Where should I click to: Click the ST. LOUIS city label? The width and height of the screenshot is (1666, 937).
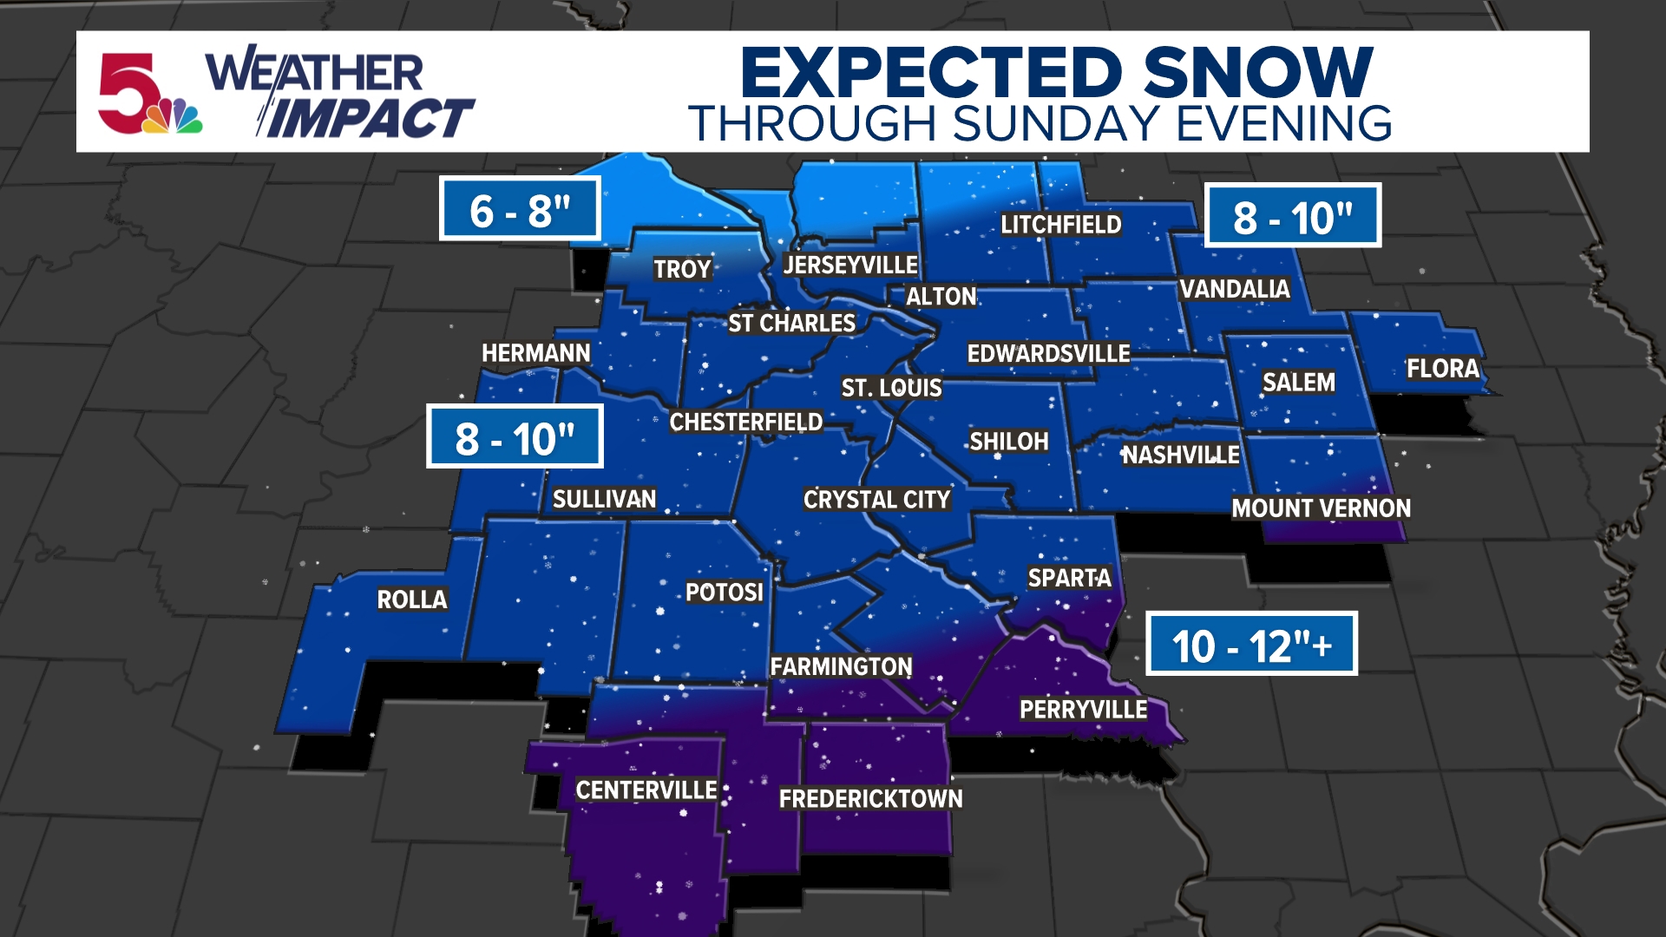tap(891, 388)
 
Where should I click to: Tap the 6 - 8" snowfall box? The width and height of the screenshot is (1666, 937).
tap(520, 209)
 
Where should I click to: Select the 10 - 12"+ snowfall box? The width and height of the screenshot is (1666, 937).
tap(1251, 645)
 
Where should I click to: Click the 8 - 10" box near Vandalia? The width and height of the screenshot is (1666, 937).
tap(1293, 216)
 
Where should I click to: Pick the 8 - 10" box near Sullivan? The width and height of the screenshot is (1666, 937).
tap(515, 437)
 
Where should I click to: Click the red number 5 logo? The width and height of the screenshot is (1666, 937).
tap(128, 92)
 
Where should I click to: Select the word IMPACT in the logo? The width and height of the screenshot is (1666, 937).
tap(369, 119)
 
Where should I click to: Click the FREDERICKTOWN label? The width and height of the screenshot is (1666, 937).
tap(870, 799)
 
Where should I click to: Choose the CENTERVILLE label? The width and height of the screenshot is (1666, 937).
tap(646, 790)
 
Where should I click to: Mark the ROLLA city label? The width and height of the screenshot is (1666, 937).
tap(412, 600)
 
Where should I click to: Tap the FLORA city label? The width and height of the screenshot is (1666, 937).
tap(1443, 369)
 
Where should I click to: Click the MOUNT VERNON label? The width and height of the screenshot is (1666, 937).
tap(1321, 508)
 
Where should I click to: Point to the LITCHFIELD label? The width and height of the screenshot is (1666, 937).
tap(1060, 225)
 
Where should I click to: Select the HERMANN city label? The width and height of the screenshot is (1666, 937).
tap(535, 353)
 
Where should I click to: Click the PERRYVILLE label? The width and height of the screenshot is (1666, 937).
tap(1083, 710)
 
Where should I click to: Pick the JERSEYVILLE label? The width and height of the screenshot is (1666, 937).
tap(850, 265)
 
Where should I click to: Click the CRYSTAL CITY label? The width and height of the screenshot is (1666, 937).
tap(876, 500)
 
